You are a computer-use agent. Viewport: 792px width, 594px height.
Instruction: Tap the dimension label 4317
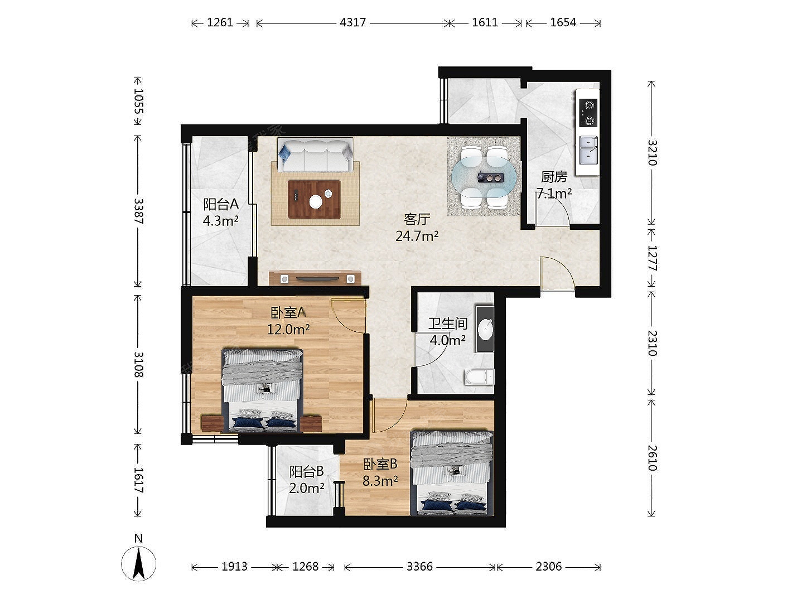pyautogui.click(x=352, y=23)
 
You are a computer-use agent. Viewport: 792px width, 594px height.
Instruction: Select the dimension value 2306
pyautogui.click(x=548, y=567)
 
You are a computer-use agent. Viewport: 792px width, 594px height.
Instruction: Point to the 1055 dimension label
pyautogui.click(x=138, y=101)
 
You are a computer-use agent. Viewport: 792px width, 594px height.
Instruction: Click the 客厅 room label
pyautogui.click(x=417, y=219)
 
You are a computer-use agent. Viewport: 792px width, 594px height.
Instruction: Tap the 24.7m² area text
pyautogui.click(x=417, y=236)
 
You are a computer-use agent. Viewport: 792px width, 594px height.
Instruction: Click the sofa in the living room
pyautogui.click(x=315, y=156)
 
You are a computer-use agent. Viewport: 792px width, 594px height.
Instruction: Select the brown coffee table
pyautogui.click(x=314, y=199)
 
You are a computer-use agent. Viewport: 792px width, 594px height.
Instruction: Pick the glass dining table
pyautogui.click(x=484, y=177)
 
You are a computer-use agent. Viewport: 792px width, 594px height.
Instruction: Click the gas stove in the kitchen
pyautogui.click(x=588, y=113)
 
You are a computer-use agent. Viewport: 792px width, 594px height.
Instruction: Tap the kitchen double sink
pyautogui.click(x=588, y=150)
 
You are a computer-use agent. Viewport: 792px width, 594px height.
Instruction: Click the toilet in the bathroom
pyautogui.click(x=479, y=377)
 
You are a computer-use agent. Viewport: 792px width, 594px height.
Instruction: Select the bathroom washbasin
pyautogui.click(x=485, y=329)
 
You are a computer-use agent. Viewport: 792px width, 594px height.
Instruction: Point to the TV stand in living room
pyautogui.click(x=315, y=278)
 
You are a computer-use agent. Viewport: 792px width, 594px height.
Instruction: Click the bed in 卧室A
pyautogui.click(x=262, y=390)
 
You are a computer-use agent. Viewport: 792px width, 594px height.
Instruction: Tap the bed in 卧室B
pyautogui.click(x=452, y=473)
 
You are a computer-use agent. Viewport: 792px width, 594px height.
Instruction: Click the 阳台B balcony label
pyautogui.click(x=306, y=471)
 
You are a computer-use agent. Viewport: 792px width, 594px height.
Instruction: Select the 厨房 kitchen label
pyautogui.click(x=554, y=177)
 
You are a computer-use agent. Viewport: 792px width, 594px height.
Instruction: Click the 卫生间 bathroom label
pyautogui.click(x=448, y=323)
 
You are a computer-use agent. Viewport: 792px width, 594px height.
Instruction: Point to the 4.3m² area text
pyautogui.click(x=220, y=220)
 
